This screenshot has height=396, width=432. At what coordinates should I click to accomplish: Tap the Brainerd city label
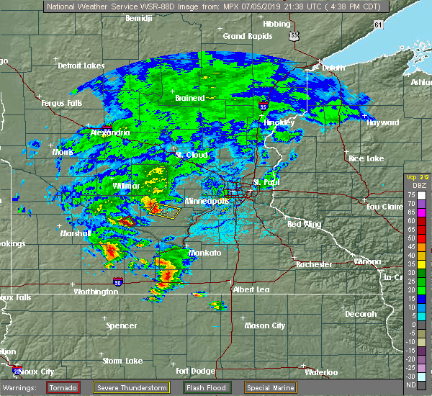point(190,98)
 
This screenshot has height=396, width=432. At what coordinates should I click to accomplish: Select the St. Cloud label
point(192,155)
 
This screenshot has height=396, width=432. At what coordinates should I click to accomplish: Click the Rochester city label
point(315,264)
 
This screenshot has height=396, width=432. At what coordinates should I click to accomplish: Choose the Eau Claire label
point(383,207)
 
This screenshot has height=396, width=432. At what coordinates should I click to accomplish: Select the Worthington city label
point(95,292)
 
